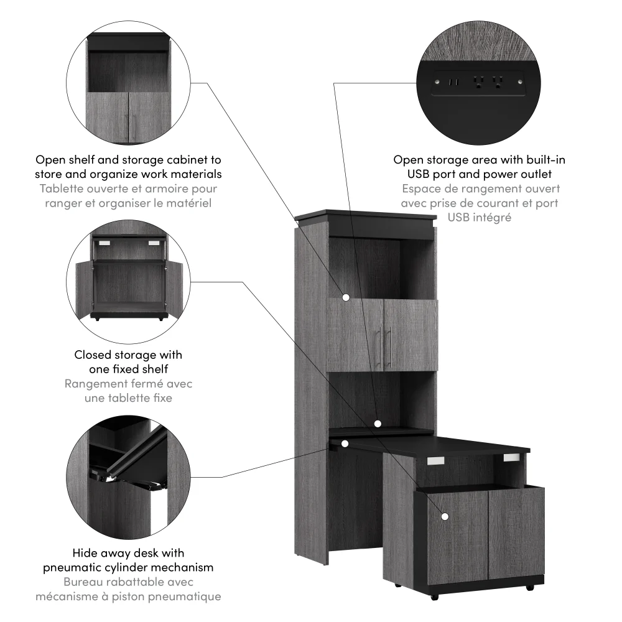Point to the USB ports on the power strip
click(x=453, y=81)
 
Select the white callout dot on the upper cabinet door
click(x=345, y=299)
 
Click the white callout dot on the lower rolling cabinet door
click(x=445, y=516)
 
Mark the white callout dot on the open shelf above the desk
click(x=377, y=424)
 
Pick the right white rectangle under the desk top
click(x=511, y=458)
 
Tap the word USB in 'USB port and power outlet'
click(x=420, y=174)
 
